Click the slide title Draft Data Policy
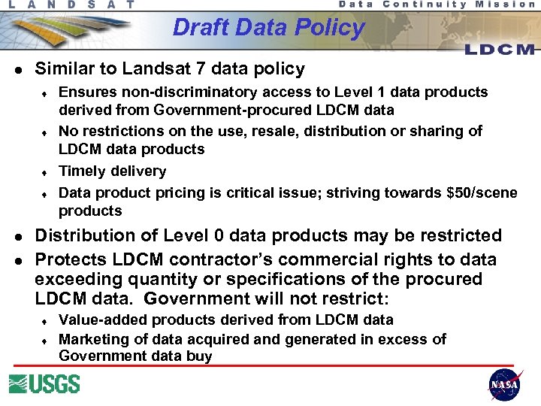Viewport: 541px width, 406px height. click(268, 28)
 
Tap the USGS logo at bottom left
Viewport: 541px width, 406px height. click(44, 383)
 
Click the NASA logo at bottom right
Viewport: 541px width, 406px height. click(504, 384)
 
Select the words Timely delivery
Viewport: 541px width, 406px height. click(112, 171)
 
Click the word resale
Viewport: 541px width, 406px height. click(286, 131)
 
